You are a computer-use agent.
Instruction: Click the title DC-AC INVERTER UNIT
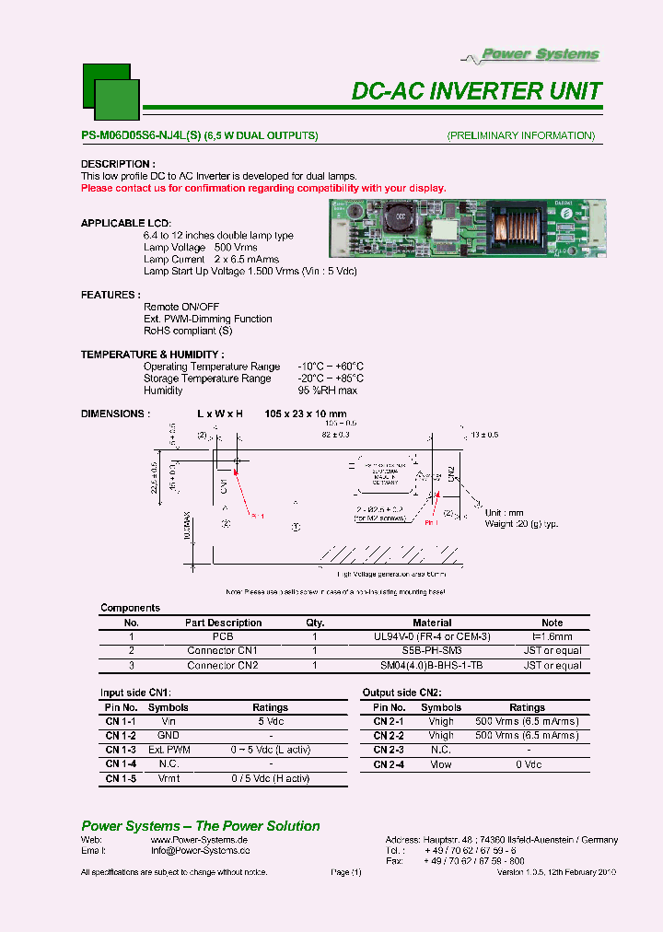(477, 91)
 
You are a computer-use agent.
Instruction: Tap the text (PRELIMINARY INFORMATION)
(521, 135)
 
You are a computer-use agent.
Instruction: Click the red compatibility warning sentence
(263, 188)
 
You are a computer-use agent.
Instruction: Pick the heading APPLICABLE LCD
(126, 224)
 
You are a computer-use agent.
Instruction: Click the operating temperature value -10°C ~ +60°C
(331, 367)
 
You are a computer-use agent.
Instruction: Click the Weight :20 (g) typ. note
(521, 524)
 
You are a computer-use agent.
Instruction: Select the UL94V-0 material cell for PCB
(432, 636)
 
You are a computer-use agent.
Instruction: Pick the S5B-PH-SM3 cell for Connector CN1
(432, 650)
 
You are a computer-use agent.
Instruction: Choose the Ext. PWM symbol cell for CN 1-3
(169, 750)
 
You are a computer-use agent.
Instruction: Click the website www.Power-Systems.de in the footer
(199, 840)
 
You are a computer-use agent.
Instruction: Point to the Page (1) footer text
(346, 872)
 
